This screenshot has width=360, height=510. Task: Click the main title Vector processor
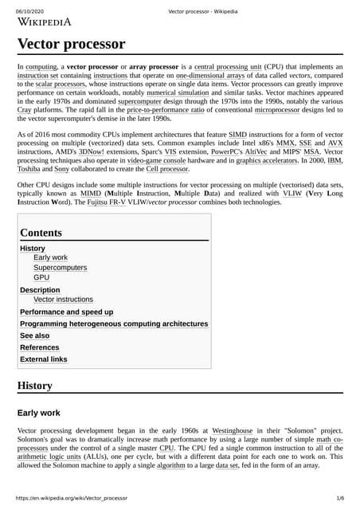[x=71, y=44]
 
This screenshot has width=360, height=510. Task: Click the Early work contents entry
[x=51, y=258]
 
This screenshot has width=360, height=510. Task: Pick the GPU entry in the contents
[x=42, y=279]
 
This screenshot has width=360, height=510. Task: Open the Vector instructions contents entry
[x=68, y=300]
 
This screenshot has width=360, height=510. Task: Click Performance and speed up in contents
[x=66, y=312]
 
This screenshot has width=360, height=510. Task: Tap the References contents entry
[x=40, y=347]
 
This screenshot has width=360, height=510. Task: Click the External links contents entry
[x=44, y=359]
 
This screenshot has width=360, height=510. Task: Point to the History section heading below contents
[x=35, y=386]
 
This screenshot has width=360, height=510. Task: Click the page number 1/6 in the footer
[x=340, y=498]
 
